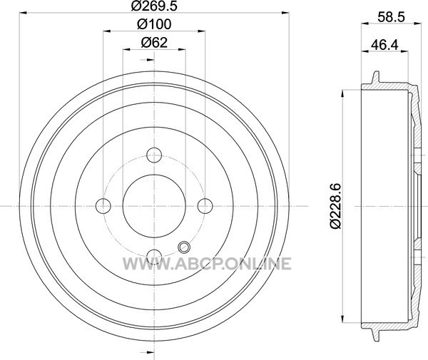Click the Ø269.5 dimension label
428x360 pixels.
click(x=154, y=6)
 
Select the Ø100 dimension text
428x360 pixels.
click(x=154, y=24)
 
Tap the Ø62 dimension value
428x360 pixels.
click(x=154, y=43)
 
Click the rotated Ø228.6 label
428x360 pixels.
click(x=335, y=206)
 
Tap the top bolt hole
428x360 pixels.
click(x=154, y=155)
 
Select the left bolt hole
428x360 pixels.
click(x=103, y=206)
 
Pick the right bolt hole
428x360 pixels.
click(x=205, y=206)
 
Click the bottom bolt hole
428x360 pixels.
click(x=154, y=257)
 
